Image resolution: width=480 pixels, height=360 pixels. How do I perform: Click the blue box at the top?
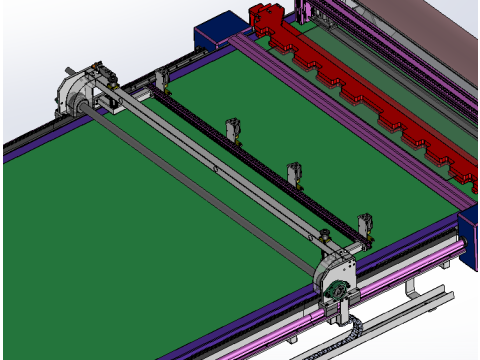click(x=216, y=32)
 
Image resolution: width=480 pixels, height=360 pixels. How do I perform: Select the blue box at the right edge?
click(x=469, y=236)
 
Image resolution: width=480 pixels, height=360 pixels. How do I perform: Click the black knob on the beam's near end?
click(x=325, y=238)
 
